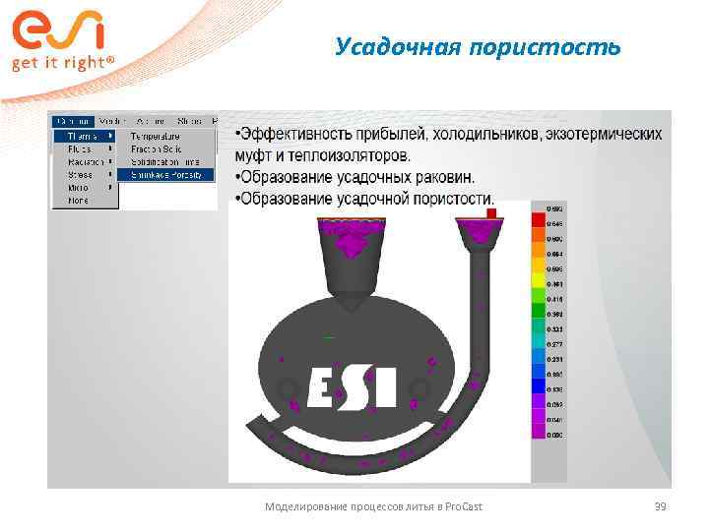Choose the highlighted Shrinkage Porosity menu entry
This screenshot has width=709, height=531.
point(166,174)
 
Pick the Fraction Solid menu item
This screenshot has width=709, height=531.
point(156,148)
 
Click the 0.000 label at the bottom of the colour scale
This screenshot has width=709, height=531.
point(557,435)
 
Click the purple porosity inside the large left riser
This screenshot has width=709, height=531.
point(352,242)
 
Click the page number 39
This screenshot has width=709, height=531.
point(661,505)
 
